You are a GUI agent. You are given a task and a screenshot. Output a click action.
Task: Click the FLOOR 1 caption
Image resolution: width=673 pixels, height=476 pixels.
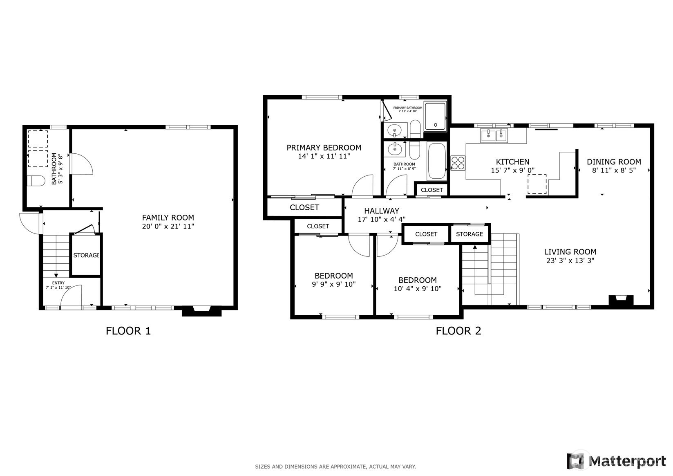point(128,331)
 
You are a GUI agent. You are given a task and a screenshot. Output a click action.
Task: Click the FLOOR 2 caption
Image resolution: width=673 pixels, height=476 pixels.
point(458,331)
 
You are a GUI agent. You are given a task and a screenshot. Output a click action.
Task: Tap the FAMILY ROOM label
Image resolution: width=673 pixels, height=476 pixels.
point(168,218)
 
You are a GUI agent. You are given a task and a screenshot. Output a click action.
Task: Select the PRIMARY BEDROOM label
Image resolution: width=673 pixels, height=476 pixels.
point(324,148)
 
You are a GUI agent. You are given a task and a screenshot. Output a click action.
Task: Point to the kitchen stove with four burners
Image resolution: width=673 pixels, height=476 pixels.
point(458,163)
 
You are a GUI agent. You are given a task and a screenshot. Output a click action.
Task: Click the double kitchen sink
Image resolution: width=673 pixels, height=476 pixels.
point(494,135)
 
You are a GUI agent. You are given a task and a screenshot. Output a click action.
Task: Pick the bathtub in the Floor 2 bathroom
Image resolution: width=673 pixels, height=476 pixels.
point(436,161)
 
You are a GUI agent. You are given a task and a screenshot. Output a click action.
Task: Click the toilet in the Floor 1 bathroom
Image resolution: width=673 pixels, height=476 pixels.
point(36,181)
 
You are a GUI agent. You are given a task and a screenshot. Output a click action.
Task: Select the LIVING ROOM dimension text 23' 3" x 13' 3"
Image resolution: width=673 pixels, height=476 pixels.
point(570,260)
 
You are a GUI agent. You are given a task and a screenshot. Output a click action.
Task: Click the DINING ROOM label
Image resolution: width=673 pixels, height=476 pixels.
point(614,162)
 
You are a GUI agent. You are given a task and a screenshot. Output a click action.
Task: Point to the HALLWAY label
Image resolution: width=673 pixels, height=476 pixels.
point(382,211)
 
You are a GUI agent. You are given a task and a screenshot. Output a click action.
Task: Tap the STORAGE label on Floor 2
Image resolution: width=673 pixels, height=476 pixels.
point(470,234)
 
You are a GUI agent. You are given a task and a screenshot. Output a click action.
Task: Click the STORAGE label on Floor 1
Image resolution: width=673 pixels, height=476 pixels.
point(87,255)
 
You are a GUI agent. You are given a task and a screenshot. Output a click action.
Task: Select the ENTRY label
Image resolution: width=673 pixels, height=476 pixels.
point(58,283)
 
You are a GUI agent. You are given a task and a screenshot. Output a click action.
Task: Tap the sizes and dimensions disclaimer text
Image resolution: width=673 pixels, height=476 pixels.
point(335,467)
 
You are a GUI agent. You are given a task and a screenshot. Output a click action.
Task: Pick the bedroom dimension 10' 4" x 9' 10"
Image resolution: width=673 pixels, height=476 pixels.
point(418,289)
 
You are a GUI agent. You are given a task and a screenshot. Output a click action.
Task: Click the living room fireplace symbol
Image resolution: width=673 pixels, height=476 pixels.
point(621,300)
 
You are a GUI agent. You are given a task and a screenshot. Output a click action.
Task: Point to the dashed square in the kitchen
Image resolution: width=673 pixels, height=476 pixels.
point(537,184)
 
